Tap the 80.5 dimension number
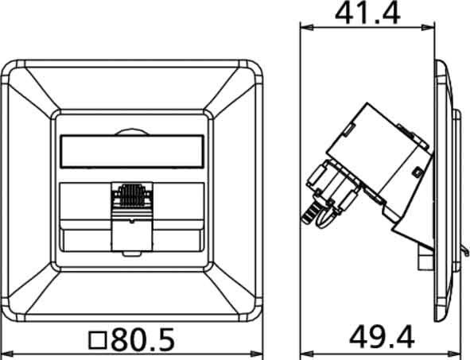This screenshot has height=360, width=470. pos(142,339)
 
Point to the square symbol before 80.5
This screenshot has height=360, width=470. pos(98,341)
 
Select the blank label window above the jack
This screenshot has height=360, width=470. pos(133,151)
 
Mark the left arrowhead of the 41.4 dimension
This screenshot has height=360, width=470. pos(304,27)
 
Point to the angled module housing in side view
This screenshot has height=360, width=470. pos(382,159)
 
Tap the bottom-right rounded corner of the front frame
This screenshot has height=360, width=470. pos(254,314)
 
